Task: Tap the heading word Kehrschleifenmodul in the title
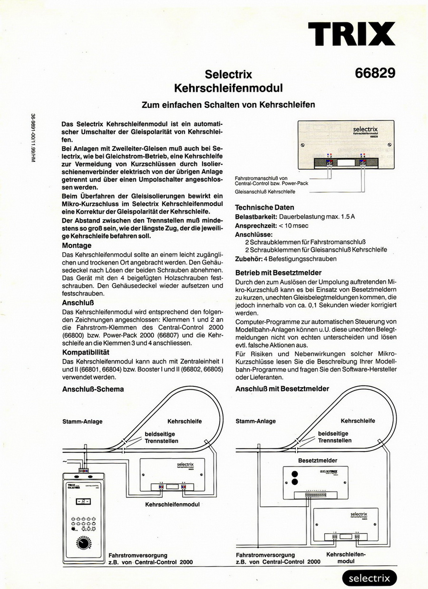click(x=228, y=88)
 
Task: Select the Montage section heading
click(x=77, y=245)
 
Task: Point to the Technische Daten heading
click(x=264, y=207)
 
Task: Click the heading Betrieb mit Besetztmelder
click(x=278, y=273)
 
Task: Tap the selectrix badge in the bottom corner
click(x=369, y=578)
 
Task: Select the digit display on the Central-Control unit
click(x=83, y=501)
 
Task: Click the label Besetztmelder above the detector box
click(x=318, y=461)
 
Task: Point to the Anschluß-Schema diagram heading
click(x=93, y=389)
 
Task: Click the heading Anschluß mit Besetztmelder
click(x=282, y=389)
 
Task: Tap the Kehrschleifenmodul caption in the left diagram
click(x=172, y=504)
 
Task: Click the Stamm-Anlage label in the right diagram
click(x=255, y=421)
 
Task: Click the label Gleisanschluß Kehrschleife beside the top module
click(x=265, y=191)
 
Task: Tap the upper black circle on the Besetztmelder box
click(x=294, y=474)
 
